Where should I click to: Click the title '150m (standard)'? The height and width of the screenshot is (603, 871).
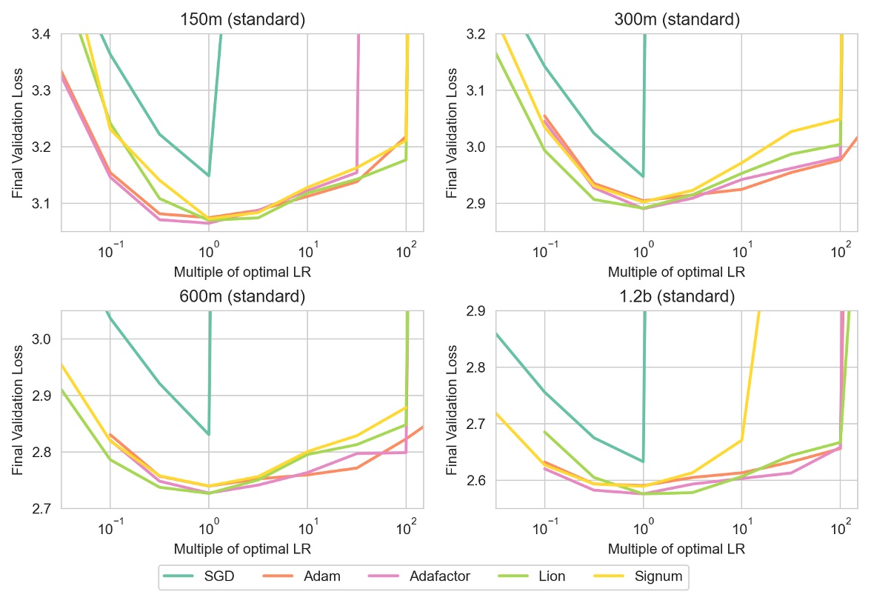click(242, 20)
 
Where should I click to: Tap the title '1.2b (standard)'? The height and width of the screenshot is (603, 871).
click(676, 297)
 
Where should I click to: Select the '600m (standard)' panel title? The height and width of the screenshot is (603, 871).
click(242, 297)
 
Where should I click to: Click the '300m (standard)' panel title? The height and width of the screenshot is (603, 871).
click(676, 20)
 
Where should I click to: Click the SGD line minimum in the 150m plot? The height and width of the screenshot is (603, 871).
click(209, 176)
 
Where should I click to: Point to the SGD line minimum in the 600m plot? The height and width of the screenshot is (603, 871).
click(209, 434)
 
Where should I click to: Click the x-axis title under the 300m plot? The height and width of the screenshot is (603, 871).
click(676, 272)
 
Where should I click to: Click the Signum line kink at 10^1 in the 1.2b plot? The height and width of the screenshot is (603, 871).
click(741, 440)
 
